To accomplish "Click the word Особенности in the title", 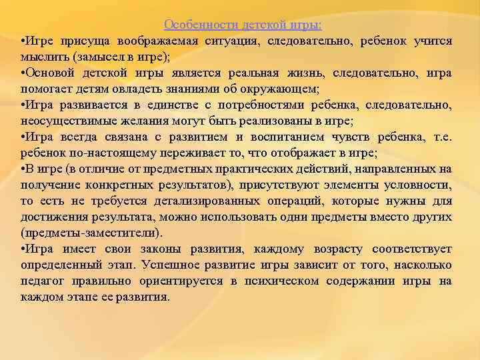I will click(x=195, y=25).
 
